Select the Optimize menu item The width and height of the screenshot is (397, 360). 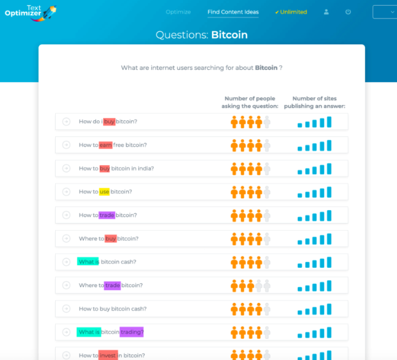[178, 12]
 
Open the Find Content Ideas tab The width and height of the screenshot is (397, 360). [233, 12]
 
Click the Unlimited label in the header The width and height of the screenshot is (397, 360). [291, 12]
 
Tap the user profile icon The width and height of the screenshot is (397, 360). [327, 12]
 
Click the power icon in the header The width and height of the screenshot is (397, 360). [348, 12]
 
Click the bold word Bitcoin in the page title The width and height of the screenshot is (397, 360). [229, 35]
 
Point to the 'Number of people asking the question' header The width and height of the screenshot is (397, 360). [250, 102]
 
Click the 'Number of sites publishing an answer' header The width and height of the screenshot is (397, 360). [314, 102]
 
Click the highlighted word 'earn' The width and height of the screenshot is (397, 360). [105, 145]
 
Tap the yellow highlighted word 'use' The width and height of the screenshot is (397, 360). [104, 192]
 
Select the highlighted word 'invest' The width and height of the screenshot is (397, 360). [108, 356]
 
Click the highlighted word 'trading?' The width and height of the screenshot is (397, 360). [132, 332]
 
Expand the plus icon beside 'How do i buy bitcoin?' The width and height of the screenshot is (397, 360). [66, 122]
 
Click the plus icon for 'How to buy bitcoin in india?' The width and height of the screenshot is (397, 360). [66, 168]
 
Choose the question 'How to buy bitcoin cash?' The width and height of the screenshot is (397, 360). [112, 309]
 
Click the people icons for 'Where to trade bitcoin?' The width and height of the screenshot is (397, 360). [250, 285]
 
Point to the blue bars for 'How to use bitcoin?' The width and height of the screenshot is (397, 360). [314, 192]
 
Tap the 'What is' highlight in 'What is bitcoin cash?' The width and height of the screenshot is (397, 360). [88, 262]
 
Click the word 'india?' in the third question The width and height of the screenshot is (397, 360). [143, 168]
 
